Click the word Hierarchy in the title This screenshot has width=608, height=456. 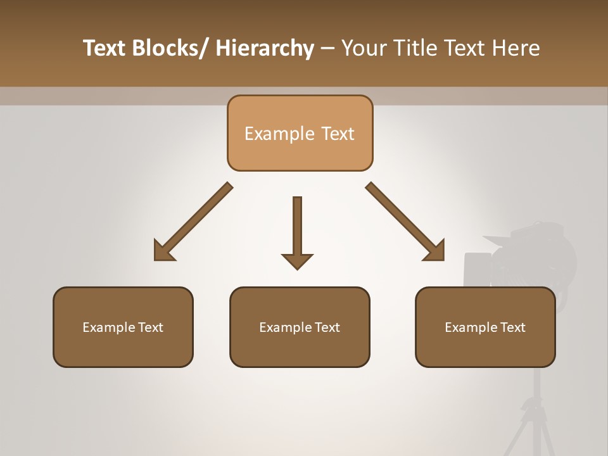tap(265, 48)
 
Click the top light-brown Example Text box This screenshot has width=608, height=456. tap(300, 133)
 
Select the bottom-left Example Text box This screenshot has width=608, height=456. tap(123, 327)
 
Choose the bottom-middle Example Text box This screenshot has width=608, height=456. tap(300, 327)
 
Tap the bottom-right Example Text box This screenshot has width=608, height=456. tap(485, 327)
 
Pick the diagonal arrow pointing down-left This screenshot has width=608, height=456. tap(193, 222)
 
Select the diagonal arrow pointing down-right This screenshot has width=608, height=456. tap(405, 222)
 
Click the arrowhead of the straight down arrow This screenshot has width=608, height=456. tap(297, 261)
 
